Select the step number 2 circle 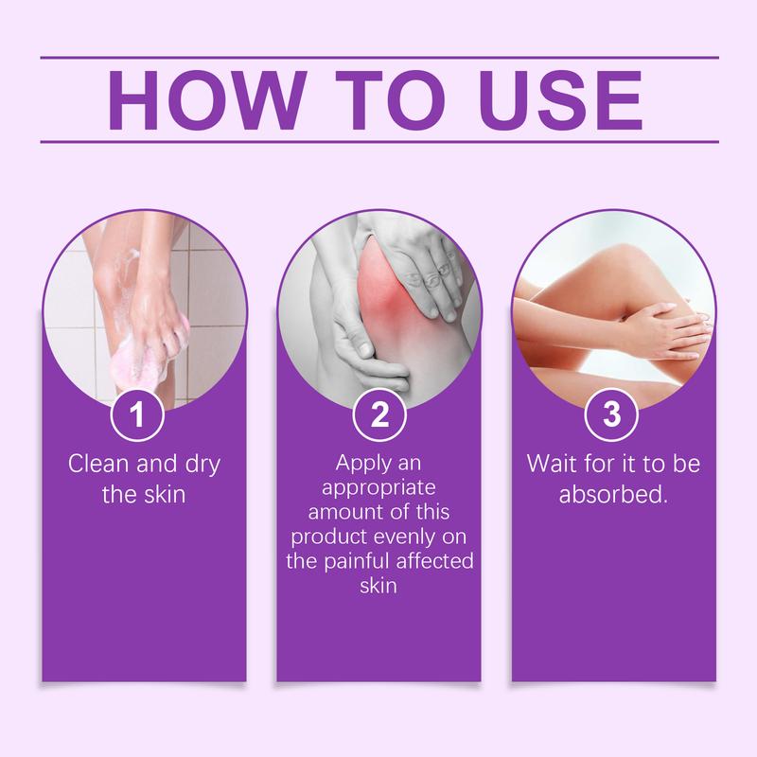point(378,417)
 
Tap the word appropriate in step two point(378,489)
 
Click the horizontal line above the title point(378,57)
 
